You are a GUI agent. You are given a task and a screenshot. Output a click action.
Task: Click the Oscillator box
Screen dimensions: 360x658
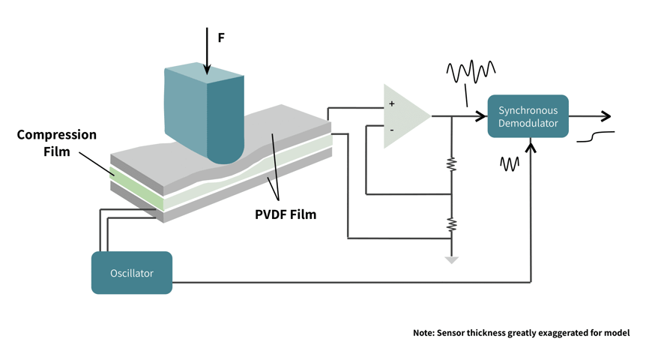(x=132, y=272)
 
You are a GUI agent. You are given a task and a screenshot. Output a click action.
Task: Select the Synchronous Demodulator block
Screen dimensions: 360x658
(x=528, y=116)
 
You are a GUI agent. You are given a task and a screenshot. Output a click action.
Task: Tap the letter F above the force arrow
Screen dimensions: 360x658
(x=221, y=37)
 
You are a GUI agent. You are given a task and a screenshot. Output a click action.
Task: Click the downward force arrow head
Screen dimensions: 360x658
(x=205, y=73)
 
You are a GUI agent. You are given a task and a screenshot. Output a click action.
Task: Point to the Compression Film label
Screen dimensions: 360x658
(x=56, y=143)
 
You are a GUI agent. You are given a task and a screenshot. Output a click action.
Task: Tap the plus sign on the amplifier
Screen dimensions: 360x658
(x=391, y=103)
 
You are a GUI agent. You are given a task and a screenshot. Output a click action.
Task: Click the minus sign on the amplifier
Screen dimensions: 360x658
(x=391, y=130)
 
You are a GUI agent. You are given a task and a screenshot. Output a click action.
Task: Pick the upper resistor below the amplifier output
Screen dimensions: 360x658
(x=451, y=164)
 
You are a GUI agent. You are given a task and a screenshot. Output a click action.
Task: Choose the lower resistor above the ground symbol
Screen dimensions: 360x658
(x=451, y=223)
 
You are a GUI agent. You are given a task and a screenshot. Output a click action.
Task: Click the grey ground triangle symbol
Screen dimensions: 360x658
(x=451, y=259)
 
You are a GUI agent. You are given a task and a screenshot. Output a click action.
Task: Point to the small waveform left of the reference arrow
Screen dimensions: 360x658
(x=510, y=163)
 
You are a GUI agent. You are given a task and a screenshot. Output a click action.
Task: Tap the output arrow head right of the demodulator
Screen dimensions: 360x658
(x=606, y=116)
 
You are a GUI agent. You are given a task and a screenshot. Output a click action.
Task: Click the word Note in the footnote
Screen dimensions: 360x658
(x=423, y=332)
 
